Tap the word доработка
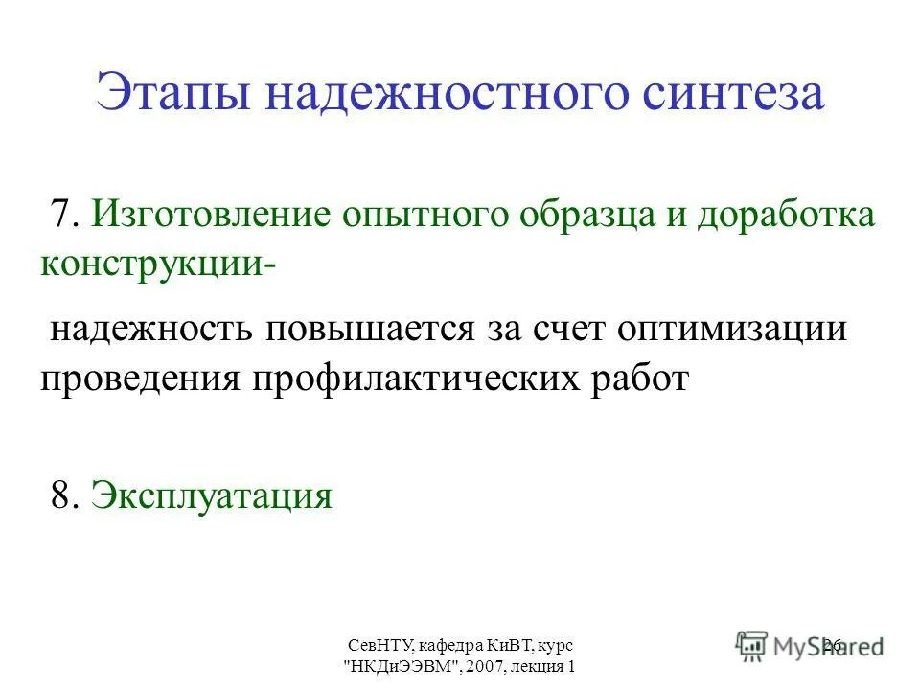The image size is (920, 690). [786, 215]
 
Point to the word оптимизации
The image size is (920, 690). [733, 330]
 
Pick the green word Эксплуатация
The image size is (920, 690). [212, 496]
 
